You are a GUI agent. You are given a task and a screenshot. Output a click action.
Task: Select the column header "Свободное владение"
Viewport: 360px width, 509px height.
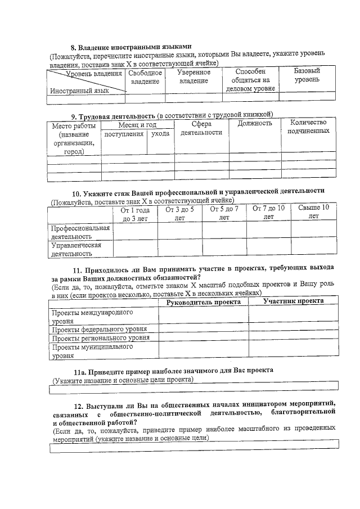[145, 78]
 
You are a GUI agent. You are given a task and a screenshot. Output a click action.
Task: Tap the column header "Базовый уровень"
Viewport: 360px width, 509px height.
[307, 75]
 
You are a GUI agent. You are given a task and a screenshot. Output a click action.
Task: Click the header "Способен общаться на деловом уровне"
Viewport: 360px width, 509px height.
[250, 80]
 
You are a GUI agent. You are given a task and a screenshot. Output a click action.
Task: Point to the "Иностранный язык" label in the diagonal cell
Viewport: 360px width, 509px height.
[79, 90]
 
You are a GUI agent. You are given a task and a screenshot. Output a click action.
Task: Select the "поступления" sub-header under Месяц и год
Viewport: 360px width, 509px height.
[124, 134]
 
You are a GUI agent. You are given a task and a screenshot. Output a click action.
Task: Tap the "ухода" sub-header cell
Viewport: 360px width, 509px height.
[160, 134]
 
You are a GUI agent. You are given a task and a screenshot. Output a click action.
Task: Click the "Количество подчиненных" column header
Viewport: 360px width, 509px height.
[308, 127]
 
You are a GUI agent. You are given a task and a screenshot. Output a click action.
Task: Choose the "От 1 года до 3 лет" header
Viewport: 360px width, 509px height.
[135, 214]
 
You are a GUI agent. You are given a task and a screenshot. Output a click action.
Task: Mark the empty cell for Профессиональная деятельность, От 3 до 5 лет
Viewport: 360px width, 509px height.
[179, 231]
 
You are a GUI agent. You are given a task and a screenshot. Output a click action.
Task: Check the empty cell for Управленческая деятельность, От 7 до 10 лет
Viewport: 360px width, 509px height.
[268, 249]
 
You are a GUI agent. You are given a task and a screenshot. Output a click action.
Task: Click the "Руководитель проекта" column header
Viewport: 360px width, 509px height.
[203, 302]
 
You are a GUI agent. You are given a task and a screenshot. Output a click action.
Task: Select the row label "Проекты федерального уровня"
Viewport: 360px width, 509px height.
[100, 329]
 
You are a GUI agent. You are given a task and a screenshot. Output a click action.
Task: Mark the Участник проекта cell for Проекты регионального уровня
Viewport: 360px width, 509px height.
[293, 338]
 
